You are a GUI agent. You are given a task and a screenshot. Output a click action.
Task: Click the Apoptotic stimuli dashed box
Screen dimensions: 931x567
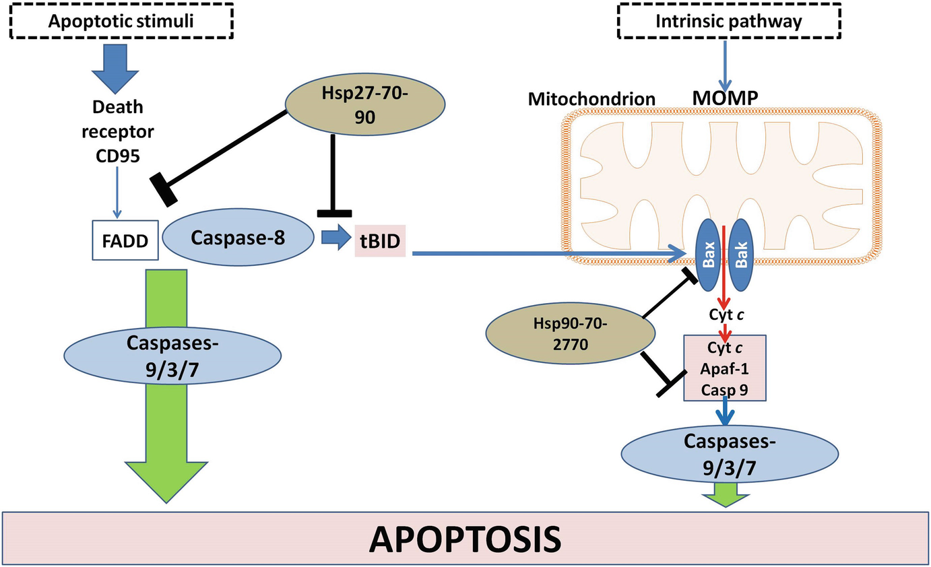(121, 21)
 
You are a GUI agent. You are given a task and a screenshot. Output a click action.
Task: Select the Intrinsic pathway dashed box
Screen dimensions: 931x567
(729, 21)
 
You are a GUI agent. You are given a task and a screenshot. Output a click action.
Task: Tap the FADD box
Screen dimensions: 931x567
(125, 240)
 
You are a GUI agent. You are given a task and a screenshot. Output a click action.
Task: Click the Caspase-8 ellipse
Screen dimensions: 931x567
(238, 237)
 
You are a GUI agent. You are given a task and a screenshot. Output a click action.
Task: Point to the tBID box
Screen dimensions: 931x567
(380, 241)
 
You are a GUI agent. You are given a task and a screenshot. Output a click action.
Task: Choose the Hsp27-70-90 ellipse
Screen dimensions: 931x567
(365, 104)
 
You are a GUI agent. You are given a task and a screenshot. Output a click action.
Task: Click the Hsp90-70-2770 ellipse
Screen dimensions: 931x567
(571, 333)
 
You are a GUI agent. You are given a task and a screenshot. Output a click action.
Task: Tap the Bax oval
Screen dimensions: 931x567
(709, 255)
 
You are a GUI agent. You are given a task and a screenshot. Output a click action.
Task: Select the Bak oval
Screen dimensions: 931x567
(741, 255)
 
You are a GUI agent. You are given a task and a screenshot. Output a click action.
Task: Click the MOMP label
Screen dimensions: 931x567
(726, 98)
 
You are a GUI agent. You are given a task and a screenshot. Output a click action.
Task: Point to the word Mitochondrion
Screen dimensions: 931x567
(591, 99)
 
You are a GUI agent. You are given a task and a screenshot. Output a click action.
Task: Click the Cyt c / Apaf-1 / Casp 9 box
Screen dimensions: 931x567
(725, 368)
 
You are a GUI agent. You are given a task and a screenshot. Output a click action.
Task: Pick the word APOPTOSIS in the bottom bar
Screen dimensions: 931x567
(465, 539)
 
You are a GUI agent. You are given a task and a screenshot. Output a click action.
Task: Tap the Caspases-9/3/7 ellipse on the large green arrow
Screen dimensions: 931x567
(172, 356)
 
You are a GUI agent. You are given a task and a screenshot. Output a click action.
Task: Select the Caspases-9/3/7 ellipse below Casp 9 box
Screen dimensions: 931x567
(730, 454)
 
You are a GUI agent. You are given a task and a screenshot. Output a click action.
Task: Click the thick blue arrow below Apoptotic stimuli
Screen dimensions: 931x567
(115, 69)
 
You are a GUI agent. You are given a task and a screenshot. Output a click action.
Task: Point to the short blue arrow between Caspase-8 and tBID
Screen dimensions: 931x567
(336, 237)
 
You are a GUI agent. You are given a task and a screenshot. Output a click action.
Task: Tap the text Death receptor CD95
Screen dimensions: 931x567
(118, 132)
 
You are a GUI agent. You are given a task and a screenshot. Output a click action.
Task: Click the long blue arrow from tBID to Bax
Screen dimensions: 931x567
(548, 253)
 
